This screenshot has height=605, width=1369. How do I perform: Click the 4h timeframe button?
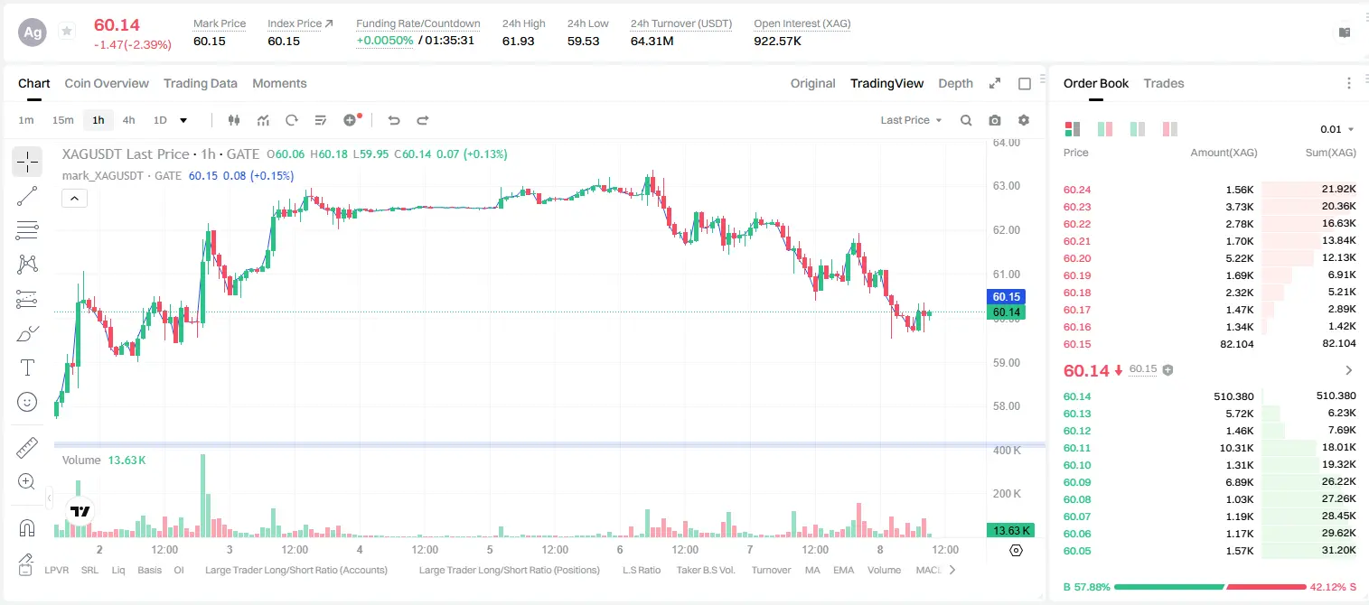pyautogui.click(x=128, y=120)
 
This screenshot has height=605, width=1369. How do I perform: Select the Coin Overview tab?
pyautogui.click(x=107, y=83)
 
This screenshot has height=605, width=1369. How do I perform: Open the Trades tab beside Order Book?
pyautogui.click(x=1164, y=83)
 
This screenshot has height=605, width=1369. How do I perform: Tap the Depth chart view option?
pyautogui.click(x=955, y=83)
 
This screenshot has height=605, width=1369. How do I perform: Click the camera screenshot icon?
pyautogui.click(x=995, y=120)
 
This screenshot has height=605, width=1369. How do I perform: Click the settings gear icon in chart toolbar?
pyautogui.click(x=1024, y=120)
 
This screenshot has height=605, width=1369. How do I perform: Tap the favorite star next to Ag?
pyautogui.click(x=67, y=31)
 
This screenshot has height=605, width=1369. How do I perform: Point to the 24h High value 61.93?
pyautogui.click(x=519, y=41)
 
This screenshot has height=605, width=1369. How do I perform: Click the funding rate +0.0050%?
pyautogui.click(x=385, y=41)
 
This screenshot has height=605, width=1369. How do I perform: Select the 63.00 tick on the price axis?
pyautogui.click(x=1007, y=186)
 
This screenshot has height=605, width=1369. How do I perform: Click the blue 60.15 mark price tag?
pyautogui.click(x=1006, y=297)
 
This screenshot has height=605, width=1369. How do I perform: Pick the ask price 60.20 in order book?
pyautogui.click(x=1077, y=258)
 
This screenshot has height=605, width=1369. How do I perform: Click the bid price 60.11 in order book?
pyautogui.click(x=1077, y=448)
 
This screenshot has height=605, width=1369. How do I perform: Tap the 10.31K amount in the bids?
pyautogui.click(x=1236, y=448)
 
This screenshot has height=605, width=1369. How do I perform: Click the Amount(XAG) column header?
pyautogui.click(x=1224, y=153)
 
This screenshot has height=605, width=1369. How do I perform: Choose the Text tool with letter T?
pyautogui.click(x=27, y=368)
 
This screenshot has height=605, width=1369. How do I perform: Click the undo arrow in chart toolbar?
pyautogui.click(x=394, y=120)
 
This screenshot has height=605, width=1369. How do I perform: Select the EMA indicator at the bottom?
pyautogui.click(x=843, y=570)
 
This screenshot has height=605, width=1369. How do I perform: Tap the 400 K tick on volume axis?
pyautogui.click(x=1007, y=451)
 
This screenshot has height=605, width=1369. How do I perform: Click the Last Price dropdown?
pyautogui.click(x=911, y=120)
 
